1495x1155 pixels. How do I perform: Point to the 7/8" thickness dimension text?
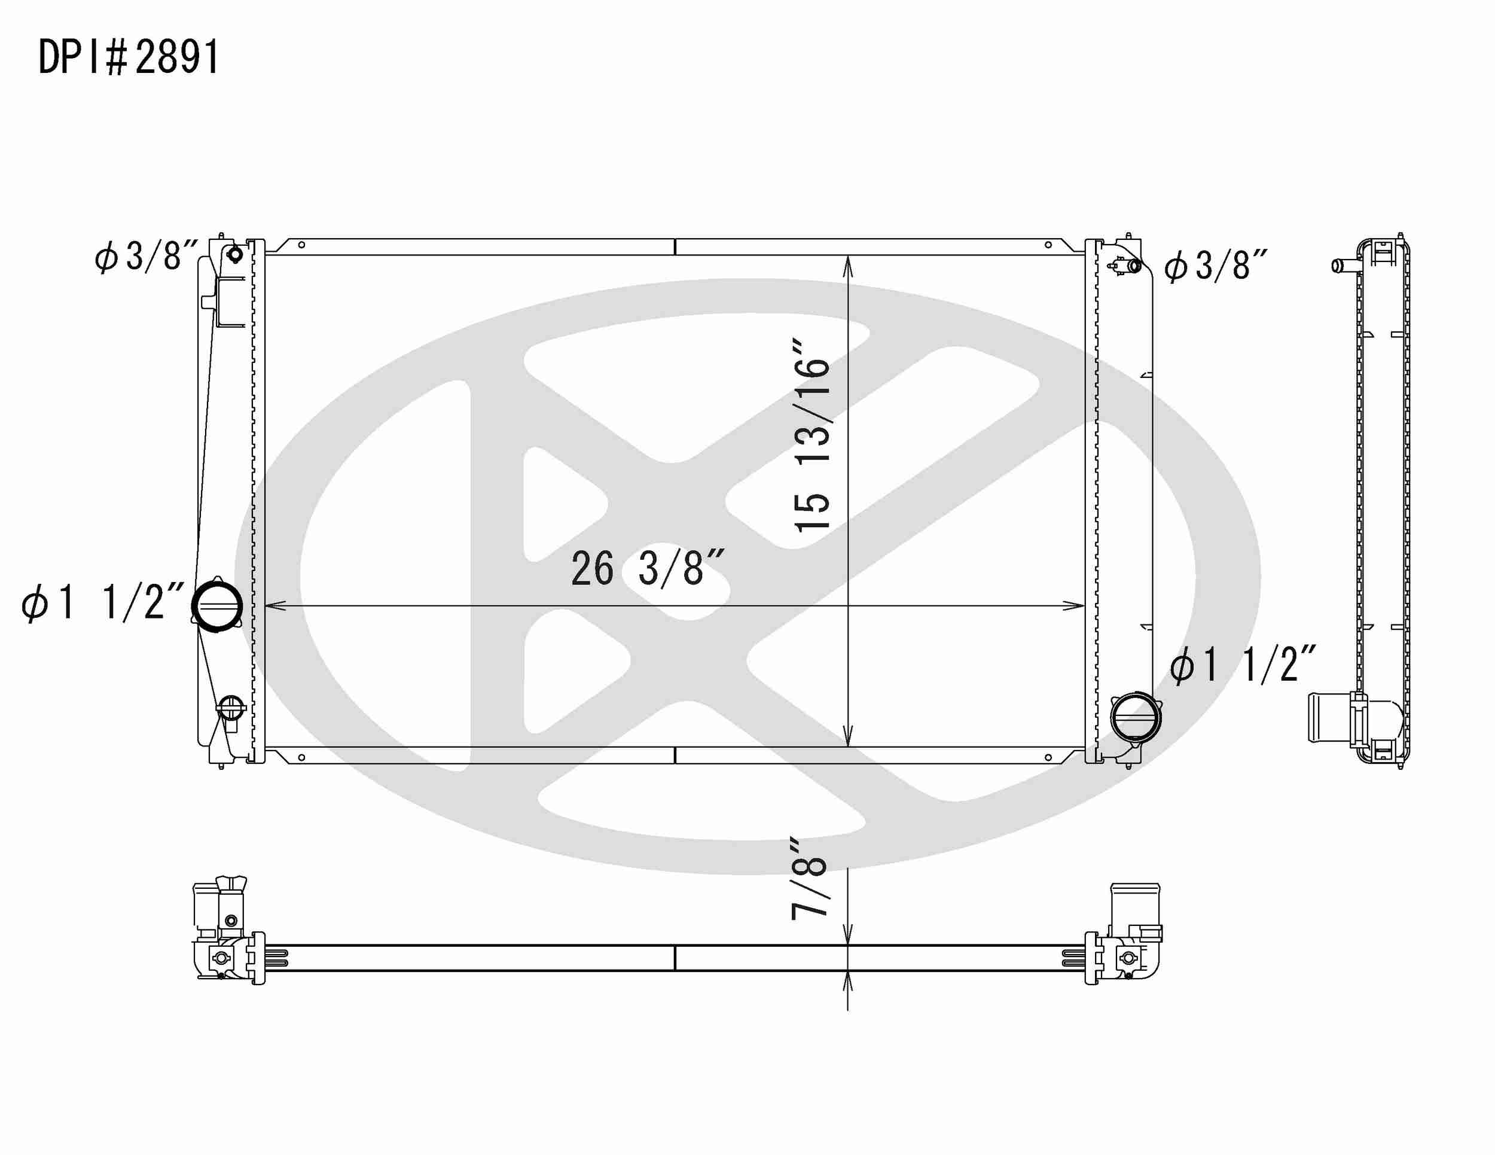pos(809,877)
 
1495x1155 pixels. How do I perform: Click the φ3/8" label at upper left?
pos(147,256)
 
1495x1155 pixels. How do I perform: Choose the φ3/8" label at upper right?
pos(1216,266)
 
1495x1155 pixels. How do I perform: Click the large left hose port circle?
pos(217,606)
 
